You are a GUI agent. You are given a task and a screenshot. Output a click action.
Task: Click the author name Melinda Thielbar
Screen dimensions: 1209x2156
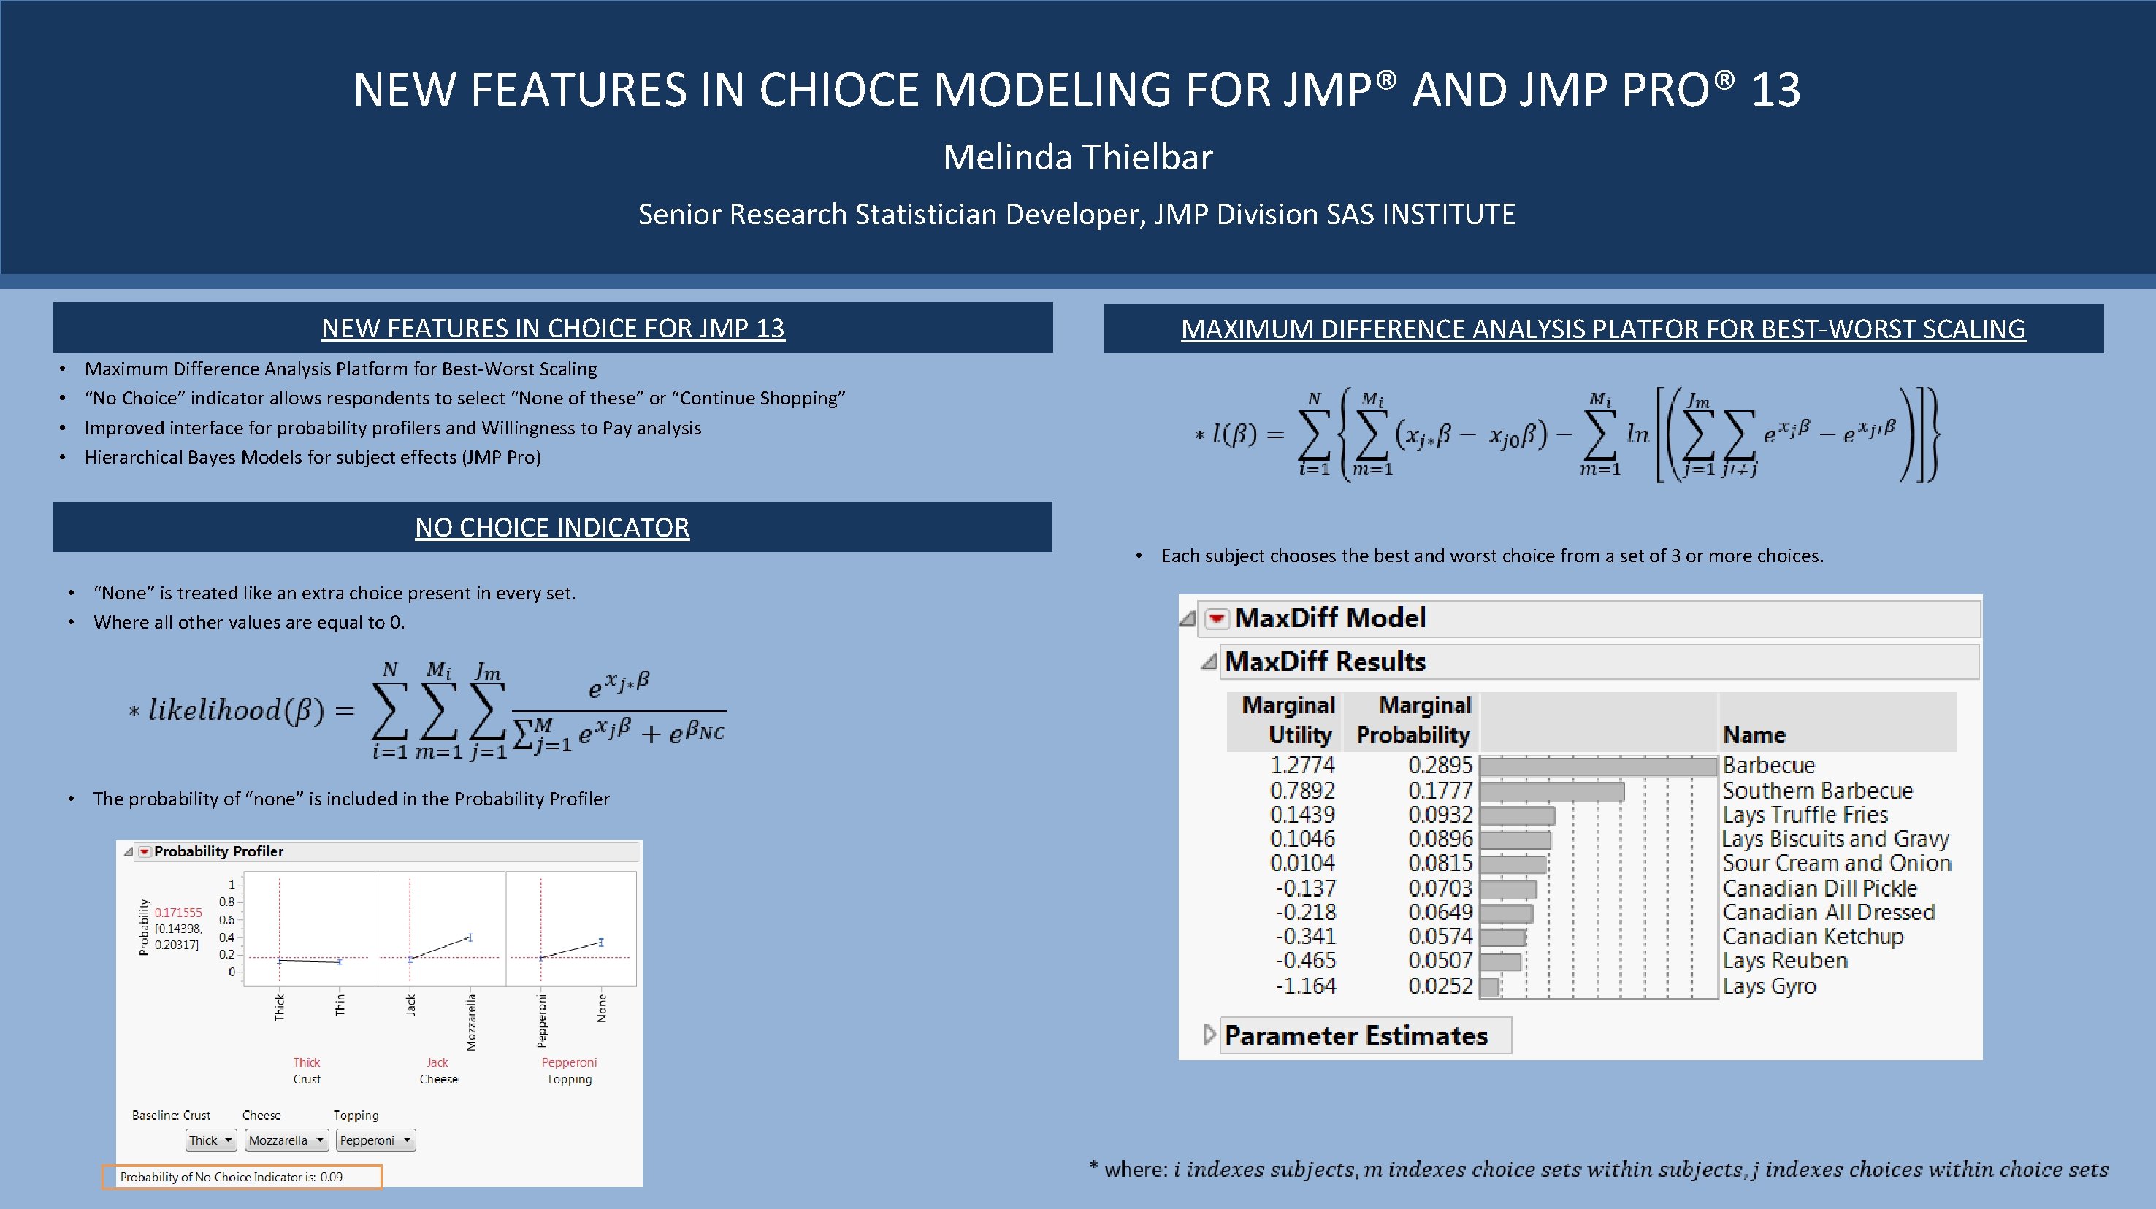tap(1077, 157)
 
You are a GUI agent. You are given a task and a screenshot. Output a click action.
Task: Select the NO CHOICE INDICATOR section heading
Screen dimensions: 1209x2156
tap(551, 527)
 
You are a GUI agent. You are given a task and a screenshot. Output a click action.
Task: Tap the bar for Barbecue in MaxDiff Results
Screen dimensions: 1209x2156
tap(1598, 766)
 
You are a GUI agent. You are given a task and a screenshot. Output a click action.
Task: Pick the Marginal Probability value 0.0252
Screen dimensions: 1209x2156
tap(1440, 986)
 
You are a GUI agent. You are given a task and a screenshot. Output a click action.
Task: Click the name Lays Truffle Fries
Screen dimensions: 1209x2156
tap(1805, 815)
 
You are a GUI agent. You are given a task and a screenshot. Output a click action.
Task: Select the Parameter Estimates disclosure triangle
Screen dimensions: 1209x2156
tap(1209, 1035)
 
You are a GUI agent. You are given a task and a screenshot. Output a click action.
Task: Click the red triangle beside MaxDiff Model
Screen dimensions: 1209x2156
tap(1216, 619)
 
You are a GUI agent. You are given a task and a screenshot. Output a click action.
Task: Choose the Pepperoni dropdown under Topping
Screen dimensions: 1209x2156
tap(375, 1140)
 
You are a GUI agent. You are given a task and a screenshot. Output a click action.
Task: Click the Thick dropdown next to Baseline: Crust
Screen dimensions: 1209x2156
tap(211, 1140)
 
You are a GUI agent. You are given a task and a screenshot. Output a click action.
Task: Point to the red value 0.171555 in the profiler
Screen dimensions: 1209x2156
tap(178, 913)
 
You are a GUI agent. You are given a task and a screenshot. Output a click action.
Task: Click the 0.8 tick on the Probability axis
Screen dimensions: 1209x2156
tap(227, 902)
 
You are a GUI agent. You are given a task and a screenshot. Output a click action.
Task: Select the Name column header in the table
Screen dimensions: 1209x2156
tap(1754, 735)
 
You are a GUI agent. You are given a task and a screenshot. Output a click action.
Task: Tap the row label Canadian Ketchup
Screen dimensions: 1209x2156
tap(1812, 937)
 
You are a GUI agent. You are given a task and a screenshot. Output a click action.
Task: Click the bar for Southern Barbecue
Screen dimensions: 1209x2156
tap(1552, 791)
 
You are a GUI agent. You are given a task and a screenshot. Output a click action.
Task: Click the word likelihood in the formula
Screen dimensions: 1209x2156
tap(214, 711)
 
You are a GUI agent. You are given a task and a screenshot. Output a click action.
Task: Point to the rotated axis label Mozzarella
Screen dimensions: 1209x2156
tap(471, 1022)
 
